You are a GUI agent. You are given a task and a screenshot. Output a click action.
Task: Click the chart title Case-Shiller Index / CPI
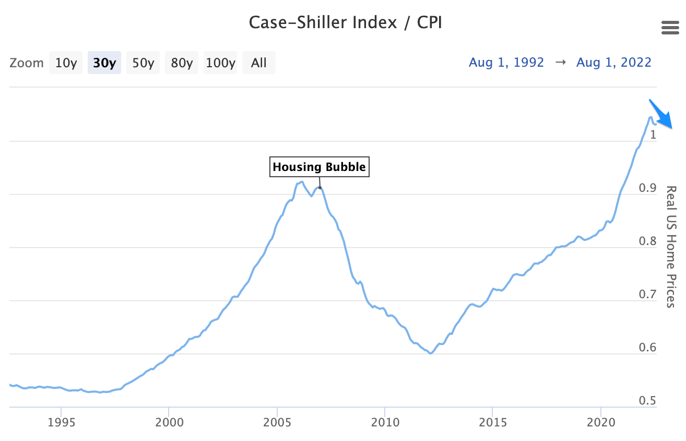(x=345, y=23)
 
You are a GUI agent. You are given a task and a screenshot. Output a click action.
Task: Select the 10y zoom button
(x=66, y=63)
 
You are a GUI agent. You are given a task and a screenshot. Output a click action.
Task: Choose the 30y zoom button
(x=104, y=63)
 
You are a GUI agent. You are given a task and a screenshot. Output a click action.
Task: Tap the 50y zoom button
(x=143, y=63)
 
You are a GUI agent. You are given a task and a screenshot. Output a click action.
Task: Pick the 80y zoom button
(x=182, y=63)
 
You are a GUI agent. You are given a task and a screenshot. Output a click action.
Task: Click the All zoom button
(x=259, y=63)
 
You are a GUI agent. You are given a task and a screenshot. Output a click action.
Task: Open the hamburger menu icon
(x=670, y=28)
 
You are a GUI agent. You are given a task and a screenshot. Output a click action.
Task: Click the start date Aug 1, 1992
(x=506, y=63)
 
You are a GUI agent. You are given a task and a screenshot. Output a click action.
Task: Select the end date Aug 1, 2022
(x=614, y=63)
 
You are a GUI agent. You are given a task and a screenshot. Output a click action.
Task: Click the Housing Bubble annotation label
(x=320, y=167)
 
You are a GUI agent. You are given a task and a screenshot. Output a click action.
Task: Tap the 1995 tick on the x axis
(x=61, y=421)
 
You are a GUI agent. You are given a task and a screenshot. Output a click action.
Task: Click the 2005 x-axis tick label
(x=277, y=421)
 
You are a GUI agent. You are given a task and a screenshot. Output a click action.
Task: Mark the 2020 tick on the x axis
(x=601, y=421)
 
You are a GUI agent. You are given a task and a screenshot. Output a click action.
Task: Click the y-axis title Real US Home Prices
(x=672, y=246)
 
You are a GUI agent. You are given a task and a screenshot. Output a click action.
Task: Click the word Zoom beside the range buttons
(x=27, y=63)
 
